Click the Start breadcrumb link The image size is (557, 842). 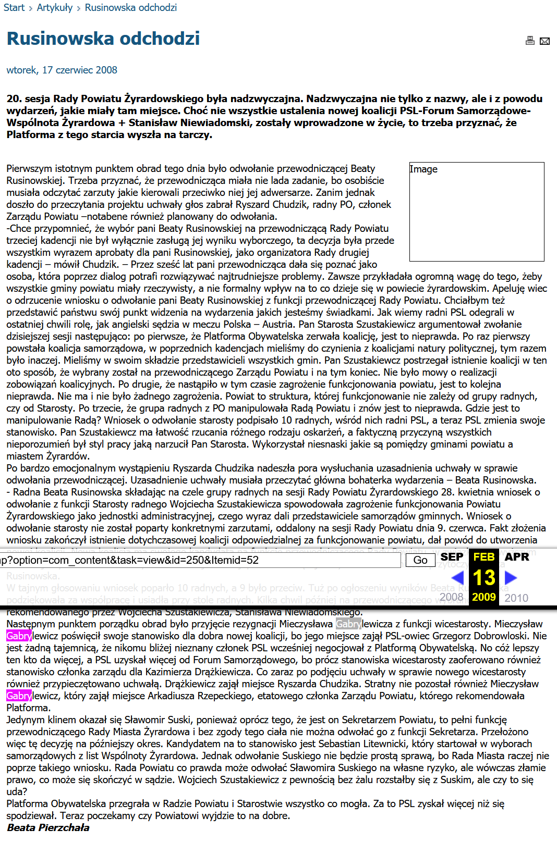(x=14, y=8)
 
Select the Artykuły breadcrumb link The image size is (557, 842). (x=55, y=8)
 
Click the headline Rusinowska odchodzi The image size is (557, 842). (x=103, y=39)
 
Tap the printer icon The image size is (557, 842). (x=530, y=41)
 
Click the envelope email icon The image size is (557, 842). (x=544, y=41)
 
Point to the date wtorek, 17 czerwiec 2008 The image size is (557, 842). (x=62, y=70)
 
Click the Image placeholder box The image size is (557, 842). (x=477, y=212)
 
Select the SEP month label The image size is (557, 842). (x=452, y=557)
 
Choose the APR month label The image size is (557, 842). (x=517, y=557)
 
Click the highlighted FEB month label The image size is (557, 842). (x=484, y=557)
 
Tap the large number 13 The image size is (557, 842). (x=484, y=578)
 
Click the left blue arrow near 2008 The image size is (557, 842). (x=457, y=577)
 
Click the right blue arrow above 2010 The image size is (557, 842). (x=511, y=577)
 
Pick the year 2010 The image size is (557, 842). (x=516, y=598)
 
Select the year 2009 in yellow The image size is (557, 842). (x=484, y=597)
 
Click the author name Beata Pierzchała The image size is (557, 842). (x=48, y=827)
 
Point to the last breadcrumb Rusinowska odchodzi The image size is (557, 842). (x=131, y=8)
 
